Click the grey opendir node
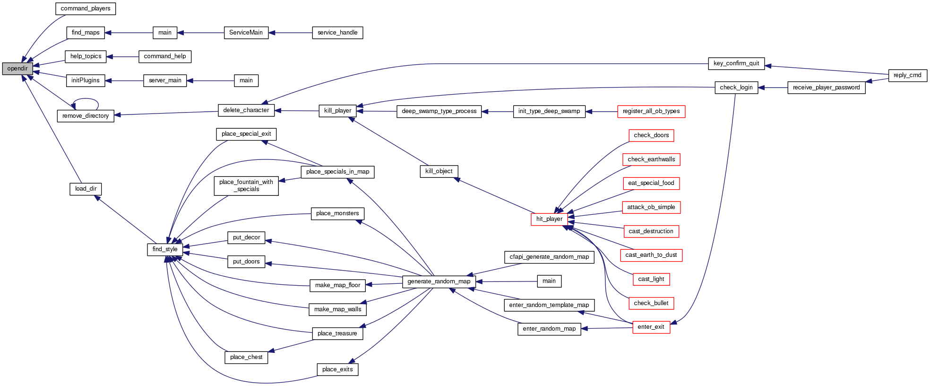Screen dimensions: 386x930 pyautogui.click(x=17, y=69)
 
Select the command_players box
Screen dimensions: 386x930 pyautogui.click(x=86, y=9)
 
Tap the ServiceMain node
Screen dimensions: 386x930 pyautogui.click(x=246, y=33)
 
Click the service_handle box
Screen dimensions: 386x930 pyautogui.click(x=337, y=33)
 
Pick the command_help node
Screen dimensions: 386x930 pyautogui.click(x=165, y=56)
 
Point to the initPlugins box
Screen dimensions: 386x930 pyautogui.click(x=86, y=80)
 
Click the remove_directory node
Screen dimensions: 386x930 pyautogui.click(x=86, y=116)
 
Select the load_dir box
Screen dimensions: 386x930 pyautogui.click(x=86, y=189)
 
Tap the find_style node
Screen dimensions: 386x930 pyautogui.click(x=165, y=249)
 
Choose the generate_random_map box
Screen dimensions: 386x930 pyautogui.click(x=439, y=281)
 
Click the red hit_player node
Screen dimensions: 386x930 pyautogui.click(x=549, y=219)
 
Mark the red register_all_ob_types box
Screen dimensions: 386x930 pyautogui.click(x=651, y=111)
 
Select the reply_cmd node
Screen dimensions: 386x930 pyautogui.click(x=907, y=75)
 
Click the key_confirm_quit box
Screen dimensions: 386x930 pyautogui.click(x=736, y=63)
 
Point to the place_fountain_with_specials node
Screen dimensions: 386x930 pyautogui.click(x=246, y=185)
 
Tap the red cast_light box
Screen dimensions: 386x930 pyautogui.click(x=651, y=279)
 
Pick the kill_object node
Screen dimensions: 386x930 pyautogui.click(x=439, y=171)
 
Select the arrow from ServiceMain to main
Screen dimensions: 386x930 pyautogui.click(x=200, y=33)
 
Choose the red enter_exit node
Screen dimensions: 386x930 pyautogui.click(x=651, y=327)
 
